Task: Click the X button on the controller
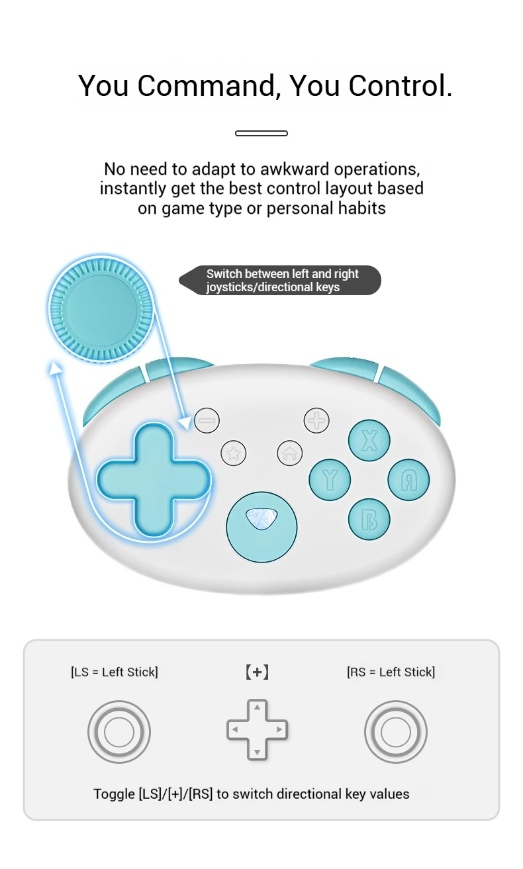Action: click(369, 440)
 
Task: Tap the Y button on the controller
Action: click(330, 479)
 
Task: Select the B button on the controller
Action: click(369, 518)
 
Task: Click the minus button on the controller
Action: click(207, 420)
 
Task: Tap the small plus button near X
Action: click(316, 420)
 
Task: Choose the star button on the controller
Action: click(233, 453)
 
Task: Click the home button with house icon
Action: click(290, 453)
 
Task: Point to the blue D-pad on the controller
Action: click(154, 479)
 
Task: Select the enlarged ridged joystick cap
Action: click(101, 308)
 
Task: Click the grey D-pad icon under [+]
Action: click(257, 729)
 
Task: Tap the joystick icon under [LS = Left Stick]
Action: click(119, 732)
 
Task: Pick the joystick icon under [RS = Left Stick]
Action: click(396, 732)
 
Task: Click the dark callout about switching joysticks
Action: click(281, 281)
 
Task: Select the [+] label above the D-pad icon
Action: click(257, 672)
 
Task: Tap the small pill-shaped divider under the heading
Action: click(261, 134)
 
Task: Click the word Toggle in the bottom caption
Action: click(114, 794)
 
